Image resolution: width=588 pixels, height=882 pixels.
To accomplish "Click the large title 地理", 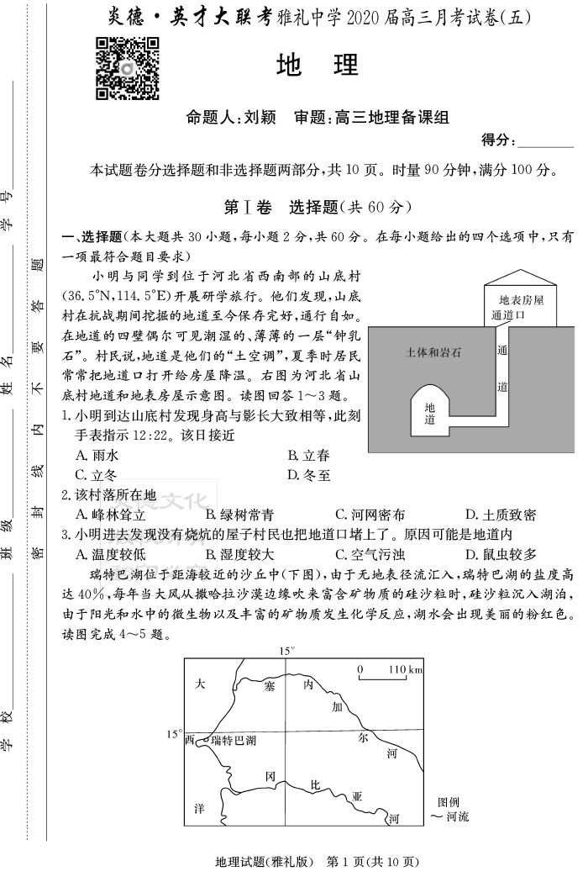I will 317,65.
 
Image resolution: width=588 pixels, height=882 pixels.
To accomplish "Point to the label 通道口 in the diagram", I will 508,315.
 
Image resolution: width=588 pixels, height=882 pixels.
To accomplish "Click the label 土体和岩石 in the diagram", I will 433,353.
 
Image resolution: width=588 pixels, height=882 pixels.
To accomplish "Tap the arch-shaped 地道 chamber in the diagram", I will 429,412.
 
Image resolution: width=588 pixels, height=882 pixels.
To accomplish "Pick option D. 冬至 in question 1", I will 308,475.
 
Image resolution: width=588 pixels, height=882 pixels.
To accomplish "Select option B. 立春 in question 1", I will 308,455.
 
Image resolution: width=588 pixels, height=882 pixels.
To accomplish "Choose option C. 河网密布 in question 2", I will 370,515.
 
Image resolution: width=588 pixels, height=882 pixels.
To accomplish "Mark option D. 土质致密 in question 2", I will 500,515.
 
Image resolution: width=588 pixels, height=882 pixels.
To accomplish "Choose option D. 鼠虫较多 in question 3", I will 500,554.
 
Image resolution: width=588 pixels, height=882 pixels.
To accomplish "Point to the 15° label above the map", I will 288,650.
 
